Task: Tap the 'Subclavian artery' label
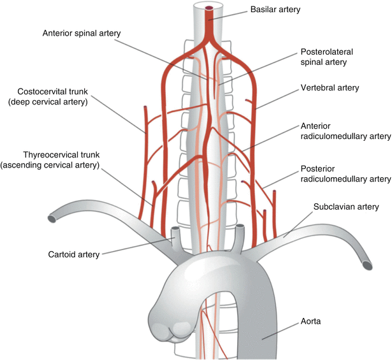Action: pyautogui.click(x=346, y=207)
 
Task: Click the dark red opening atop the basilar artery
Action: pyautogui.click(x=209, y=8)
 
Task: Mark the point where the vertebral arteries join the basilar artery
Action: pyautogui.click(x=209, y=38)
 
